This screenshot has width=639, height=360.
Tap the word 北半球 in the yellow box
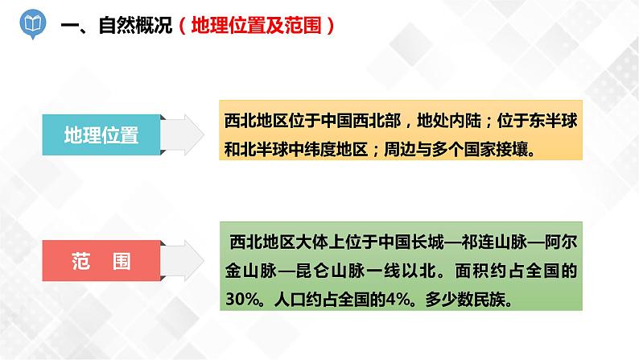(264, 148)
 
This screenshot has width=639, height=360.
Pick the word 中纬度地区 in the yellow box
(329, 148)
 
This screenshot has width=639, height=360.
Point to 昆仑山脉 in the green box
(340, 270)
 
